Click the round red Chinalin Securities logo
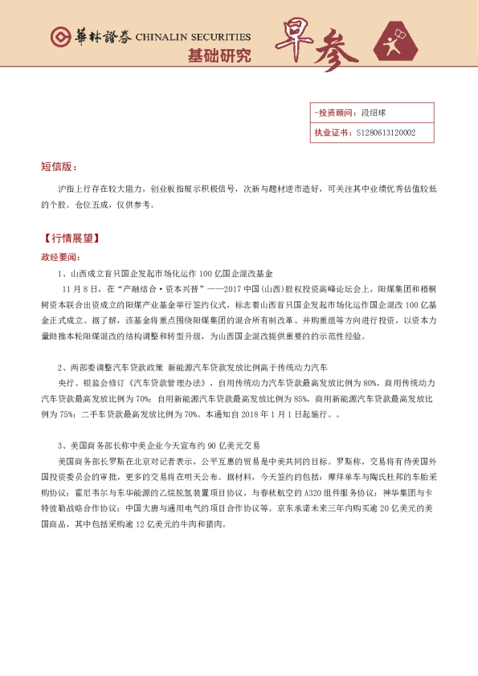58,38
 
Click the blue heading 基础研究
219,55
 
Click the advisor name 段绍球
374,114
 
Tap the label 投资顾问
333,114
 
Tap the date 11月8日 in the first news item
79,287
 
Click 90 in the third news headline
214,444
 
